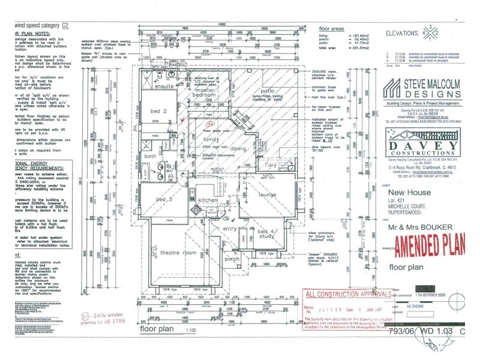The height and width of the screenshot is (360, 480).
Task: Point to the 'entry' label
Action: [x=230, y=229]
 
